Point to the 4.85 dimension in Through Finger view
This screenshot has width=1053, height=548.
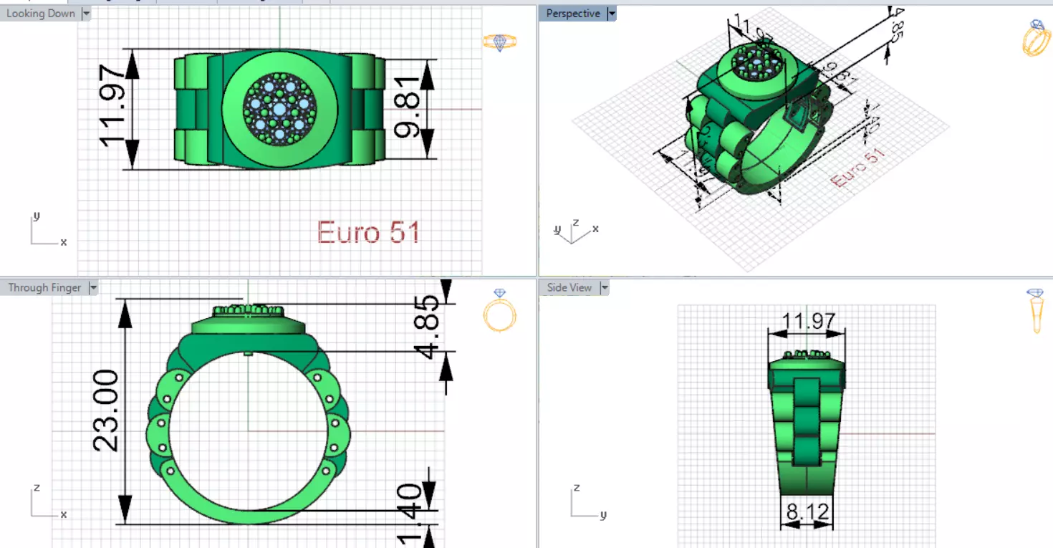429,327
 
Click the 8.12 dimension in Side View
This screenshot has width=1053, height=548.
807,511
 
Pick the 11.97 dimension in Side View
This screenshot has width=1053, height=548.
807,321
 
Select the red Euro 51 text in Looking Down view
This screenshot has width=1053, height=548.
368,232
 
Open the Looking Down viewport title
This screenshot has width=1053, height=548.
40,14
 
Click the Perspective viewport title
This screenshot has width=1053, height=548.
572,14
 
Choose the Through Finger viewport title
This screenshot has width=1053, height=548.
44,288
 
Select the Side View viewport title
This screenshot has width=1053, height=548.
569,288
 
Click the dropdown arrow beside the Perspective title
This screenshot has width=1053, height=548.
612,14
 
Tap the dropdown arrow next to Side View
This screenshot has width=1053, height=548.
605,288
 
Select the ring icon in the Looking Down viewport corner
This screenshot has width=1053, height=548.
499,42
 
